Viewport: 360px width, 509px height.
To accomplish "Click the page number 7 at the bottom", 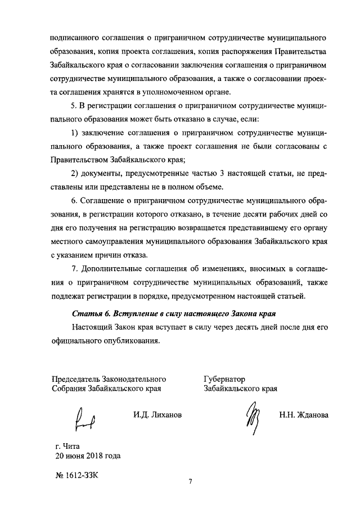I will click(191, 482).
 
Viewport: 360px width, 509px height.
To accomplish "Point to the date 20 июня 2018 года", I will click(85, 456).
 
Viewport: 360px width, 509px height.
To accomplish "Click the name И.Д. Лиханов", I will click(157, 415).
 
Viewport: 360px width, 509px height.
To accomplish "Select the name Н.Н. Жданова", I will click(303, 415).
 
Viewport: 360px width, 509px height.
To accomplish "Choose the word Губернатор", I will click(224, 379).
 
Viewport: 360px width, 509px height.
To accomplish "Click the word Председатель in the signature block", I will click(76, 379).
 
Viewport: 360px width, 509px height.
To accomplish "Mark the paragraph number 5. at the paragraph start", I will click(75, 106).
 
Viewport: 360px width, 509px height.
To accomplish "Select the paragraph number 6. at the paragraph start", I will click(75, 201).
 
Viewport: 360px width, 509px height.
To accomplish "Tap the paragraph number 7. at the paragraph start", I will click(75, 268).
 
